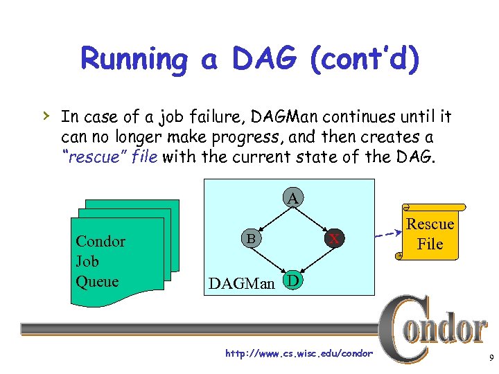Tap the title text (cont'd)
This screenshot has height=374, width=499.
365,59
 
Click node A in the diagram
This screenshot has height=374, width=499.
293,199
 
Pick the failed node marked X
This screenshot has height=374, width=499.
335,238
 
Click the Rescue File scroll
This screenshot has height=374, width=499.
430,233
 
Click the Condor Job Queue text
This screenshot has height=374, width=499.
100,261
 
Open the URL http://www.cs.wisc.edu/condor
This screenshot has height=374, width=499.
299,354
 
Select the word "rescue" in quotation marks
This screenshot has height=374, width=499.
87,157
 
